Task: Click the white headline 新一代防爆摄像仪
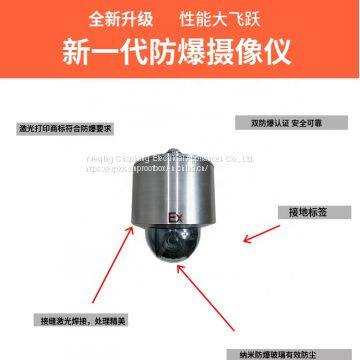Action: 179,49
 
